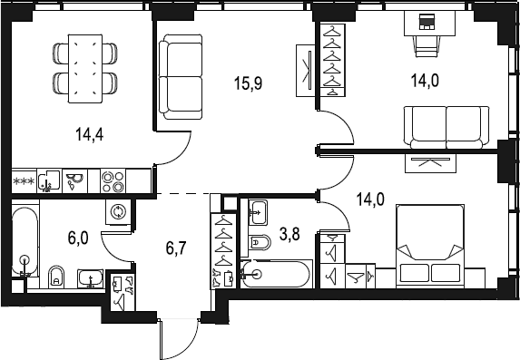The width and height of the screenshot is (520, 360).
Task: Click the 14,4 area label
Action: tap(90, 134)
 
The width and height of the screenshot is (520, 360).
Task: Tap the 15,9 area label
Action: tap(249, 83)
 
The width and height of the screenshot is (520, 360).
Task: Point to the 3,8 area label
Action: tap(289, 234)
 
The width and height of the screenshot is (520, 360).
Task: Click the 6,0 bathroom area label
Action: tap(78, 238)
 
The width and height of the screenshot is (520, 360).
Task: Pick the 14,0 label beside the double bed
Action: tap(370, 199)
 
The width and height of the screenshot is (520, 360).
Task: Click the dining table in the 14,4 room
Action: tap(85, 68)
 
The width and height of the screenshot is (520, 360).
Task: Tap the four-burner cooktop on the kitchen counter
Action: tap(113, 180)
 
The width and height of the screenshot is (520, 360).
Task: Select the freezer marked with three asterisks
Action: tap(24, 181)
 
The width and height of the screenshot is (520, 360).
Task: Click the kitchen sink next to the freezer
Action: tap(49, 181)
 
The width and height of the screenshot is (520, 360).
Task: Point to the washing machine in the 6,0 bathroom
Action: tap(118, 212)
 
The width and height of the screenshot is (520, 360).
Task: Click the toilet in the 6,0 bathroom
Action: tap(56, 277)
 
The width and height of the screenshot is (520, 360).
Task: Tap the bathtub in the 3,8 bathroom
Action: tap(276, 274)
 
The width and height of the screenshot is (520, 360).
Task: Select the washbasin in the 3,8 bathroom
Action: tap(258, 212)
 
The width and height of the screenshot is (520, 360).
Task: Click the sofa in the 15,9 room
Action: tap(181, 77)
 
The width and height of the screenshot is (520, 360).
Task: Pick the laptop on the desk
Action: tap(427, 22)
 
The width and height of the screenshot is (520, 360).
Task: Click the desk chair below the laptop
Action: tap(427, 46)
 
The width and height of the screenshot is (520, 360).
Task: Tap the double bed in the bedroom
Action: tap(430, 246)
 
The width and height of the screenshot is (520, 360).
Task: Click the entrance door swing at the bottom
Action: tap(179, 339)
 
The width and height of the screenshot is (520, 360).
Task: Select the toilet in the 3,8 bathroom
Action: tap(260, 242)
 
